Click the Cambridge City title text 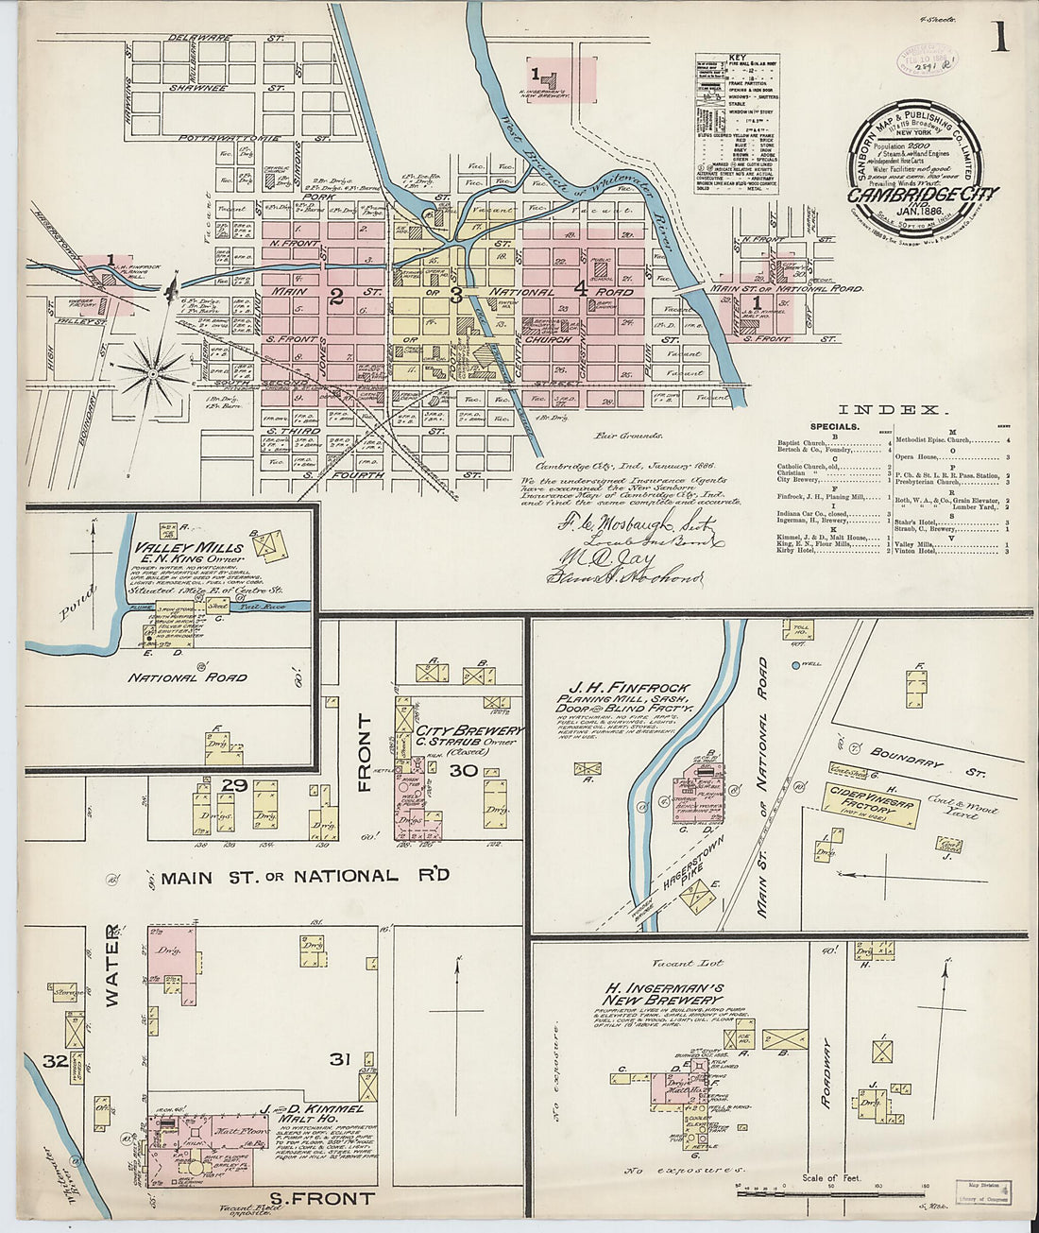tap(922, 195)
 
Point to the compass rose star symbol tap(152, 374)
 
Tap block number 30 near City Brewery tap(463, 771)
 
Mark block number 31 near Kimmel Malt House tap(339, 1059)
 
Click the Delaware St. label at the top tap(227, 39)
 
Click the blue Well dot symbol tap(793, 666)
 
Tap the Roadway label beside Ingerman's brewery tap(827, 1072)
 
